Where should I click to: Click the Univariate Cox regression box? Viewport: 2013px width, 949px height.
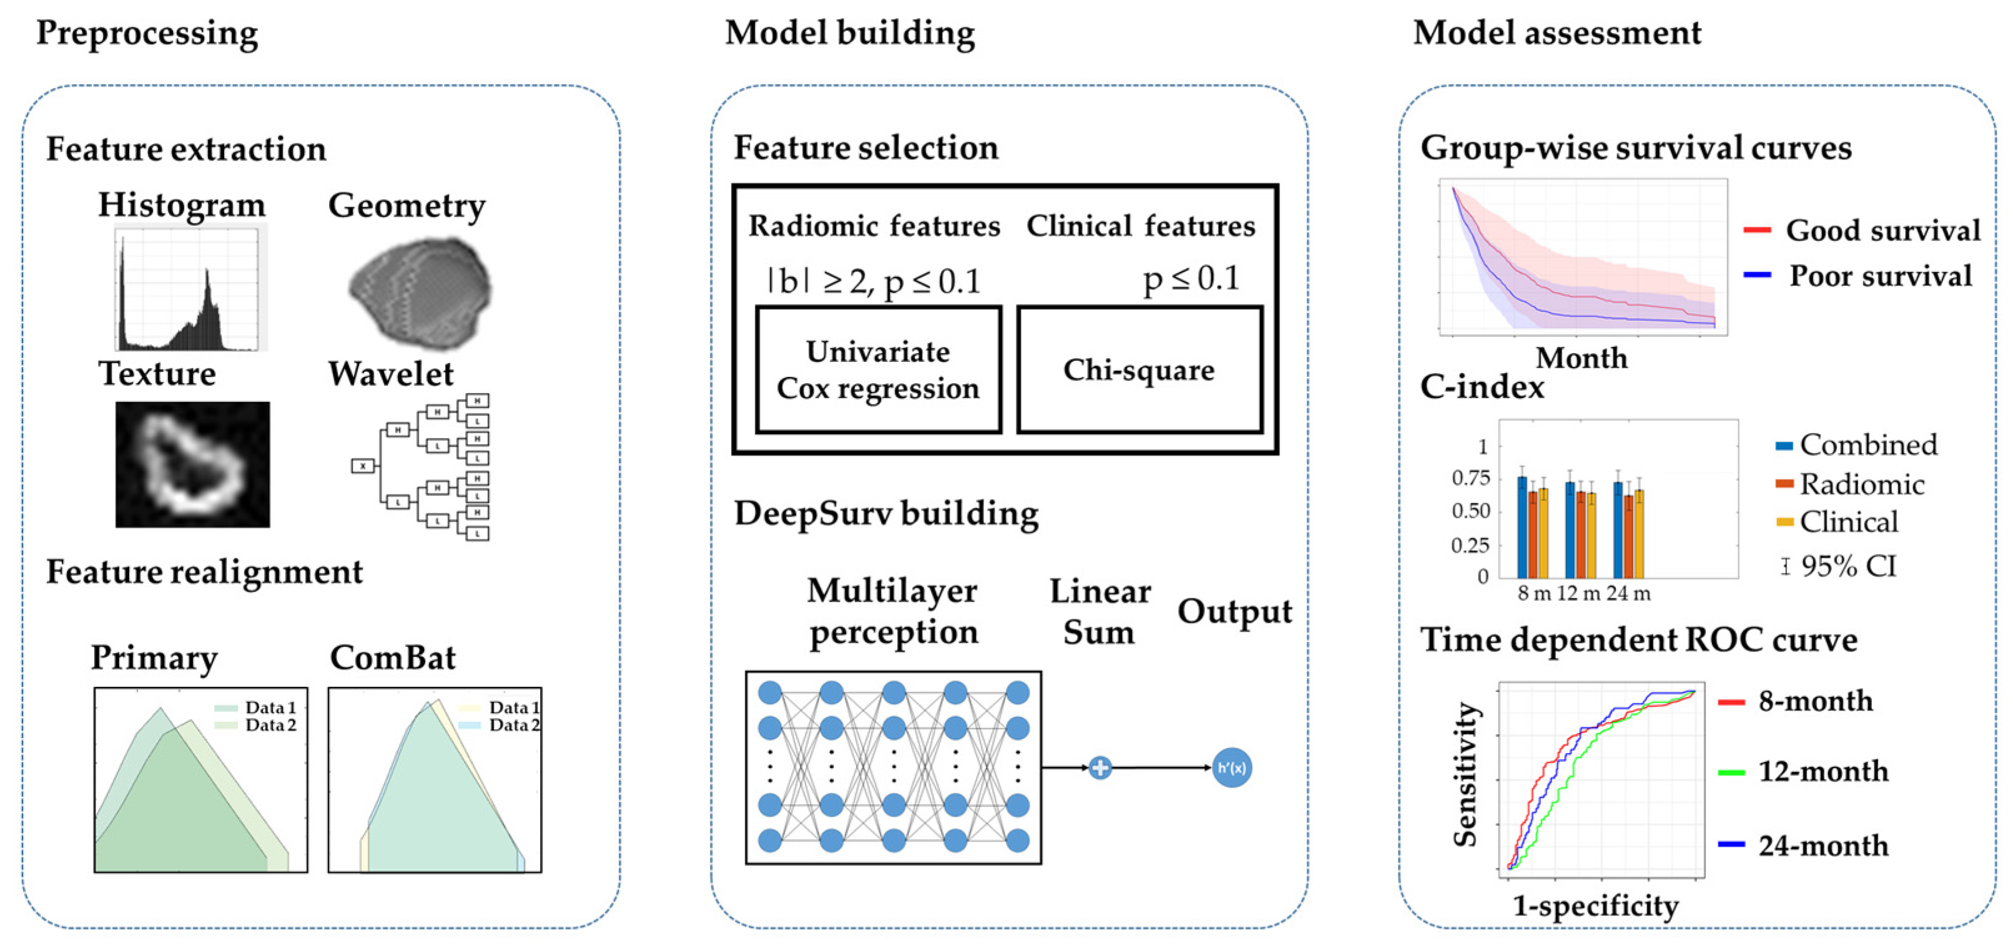click(x=879, y=369)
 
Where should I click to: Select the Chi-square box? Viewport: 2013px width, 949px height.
click(x=1139, y=369)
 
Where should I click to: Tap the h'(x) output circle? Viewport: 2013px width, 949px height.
click(x=1231, y=768)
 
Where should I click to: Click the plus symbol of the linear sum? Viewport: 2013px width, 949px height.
click(x=1100, y=768)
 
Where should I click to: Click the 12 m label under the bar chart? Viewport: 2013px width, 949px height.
click(x=1578, y=593)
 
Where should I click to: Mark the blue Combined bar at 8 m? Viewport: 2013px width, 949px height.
click(x=1522, y=527)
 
